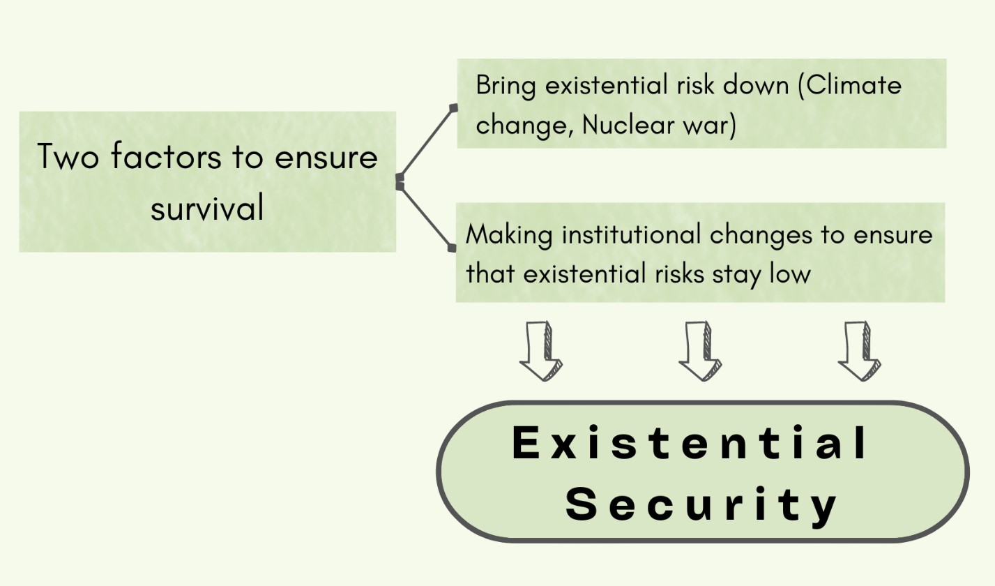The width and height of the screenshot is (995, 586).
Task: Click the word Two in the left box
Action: [x=68, y=156]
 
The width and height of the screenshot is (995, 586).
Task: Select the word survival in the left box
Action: [x=208, y=207]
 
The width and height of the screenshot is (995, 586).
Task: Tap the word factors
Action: [x=166, y=156]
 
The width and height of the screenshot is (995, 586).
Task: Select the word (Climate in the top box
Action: [x=850, y=84]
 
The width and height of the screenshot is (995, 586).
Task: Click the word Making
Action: [x=509, y=236]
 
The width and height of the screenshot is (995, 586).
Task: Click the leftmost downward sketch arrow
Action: [x=541, y=351]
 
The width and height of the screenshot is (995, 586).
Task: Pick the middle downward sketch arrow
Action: [x=701, y=351]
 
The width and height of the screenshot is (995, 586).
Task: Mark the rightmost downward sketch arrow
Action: [x=860, y=351]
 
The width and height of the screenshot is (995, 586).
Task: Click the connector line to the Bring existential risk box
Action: [x=427, y=142]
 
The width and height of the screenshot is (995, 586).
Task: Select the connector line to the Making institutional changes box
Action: [x=426, y=217]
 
